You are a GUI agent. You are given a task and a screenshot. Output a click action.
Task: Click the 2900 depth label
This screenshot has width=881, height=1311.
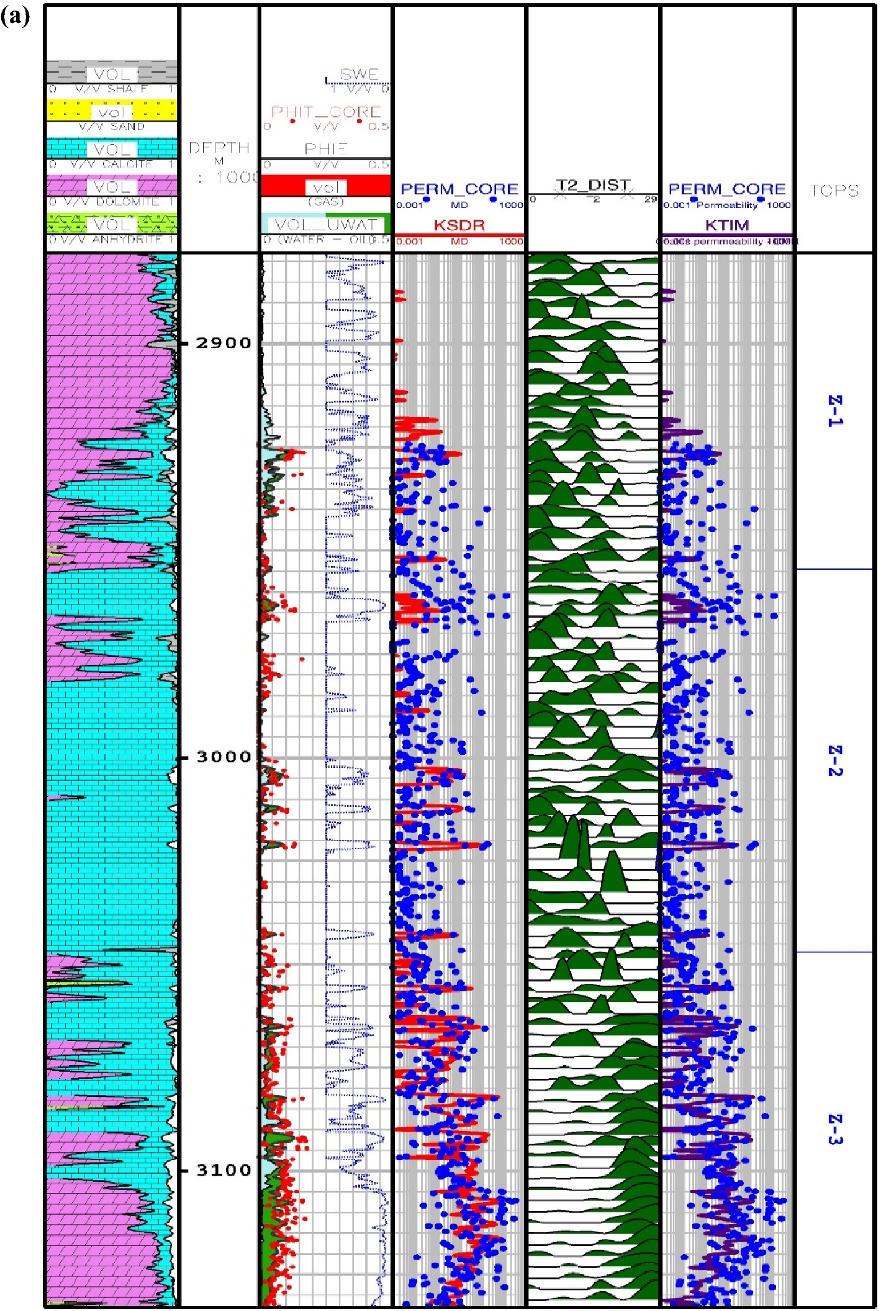(x=224, y=343)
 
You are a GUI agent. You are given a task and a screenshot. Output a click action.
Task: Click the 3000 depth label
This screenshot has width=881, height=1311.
(x=224, y=757)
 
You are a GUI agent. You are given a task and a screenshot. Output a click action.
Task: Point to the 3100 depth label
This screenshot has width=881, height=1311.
(x=224, y=1170)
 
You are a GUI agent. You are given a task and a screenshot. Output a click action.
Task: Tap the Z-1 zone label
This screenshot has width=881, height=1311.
(x=835, y=410)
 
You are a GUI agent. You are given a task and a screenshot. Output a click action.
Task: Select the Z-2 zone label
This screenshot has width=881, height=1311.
(x=835, y=760)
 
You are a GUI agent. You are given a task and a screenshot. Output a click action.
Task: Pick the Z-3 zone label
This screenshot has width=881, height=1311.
(x=835, y=1129)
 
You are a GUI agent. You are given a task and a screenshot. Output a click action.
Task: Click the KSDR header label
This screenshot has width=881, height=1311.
(x=459, y=225)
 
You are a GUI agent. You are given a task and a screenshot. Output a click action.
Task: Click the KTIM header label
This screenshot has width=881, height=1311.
(x=727, y=225)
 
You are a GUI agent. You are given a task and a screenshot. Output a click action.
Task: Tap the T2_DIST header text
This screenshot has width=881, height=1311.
(x=593, y=185)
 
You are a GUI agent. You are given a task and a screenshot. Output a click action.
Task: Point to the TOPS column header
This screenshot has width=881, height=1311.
(x=834, y=191)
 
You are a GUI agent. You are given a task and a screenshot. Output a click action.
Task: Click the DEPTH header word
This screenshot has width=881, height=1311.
(x=219, y=148)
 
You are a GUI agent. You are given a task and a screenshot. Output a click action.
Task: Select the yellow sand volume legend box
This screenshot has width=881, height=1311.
(x=112, y=111)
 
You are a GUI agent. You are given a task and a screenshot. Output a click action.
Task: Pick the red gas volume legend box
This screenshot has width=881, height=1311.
(x=325, y=186)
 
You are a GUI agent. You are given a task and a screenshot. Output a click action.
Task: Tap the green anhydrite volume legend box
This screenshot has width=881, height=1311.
(x=112, y=224)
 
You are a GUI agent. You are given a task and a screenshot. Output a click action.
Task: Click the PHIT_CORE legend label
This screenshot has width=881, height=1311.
(x=326, y=112)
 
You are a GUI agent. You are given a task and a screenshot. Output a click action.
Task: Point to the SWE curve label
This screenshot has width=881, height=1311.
(x=359, y=74)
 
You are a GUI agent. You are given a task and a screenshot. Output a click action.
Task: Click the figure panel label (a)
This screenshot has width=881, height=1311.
(x=15, y=16)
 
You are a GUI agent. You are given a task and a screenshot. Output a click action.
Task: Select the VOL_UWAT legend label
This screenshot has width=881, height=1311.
(x=326, y=224)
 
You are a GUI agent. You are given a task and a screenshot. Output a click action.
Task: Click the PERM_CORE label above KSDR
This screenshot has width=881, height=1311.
(x=459, y=189)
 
